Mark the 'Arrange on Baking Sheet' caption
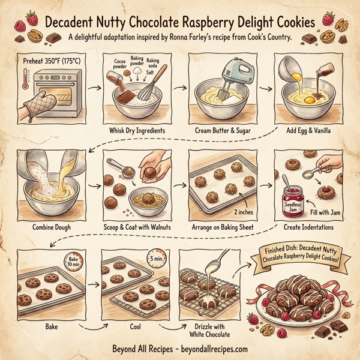pyautogui.click(x=220, y=228)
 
